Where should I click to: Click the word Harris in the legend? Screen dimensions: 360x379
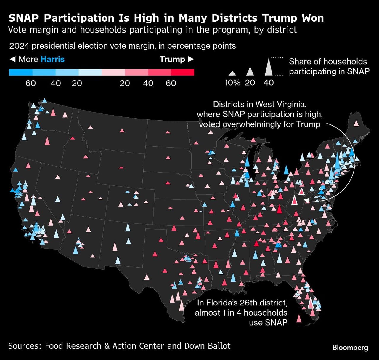52,59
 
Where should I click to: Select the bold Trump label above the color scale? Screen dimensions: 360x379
172,59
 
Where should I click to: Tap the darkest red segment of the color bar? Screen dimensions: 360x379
182,72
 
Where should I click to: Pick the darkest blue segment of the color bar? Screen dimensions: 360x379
21,72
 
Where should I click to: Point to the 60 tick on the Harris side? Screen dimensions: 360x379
30,83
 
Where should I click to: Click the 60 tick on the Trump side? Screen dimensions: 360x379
171,83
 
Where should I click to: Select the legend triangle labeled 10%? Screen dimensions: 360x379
232,73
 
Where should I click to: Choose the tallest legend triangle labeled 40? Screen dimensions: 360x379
269,67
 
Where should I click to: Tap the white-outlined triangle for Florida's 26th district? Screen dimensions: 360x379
310,304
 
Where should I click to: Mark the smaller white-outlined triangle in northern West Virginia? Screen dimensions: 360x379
301,191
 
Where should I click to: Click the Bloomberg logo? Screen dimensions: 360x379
350,347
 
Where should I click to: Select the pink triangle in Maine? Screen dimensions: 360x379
356,123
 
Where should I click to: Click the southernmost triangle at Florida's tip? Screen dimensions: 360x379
299,319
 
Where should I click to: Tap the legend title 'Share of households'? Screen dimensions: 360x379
328,62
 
